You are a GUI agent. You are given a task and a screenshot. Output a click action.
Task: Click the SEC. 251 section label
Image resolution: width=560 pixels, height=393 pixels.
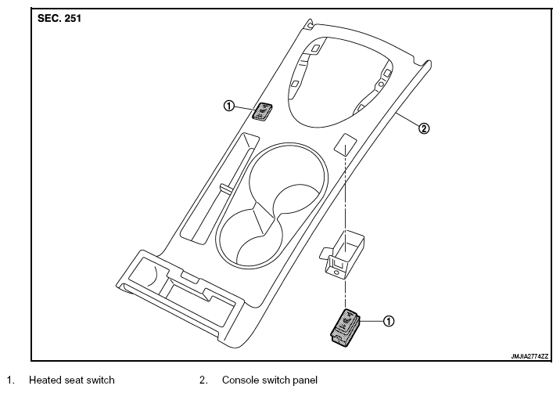tap(59, 18)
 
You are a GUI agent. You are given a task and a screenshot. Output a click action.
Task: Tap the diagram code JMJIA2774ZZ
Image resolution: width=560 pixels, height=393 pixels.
tap(529, 356)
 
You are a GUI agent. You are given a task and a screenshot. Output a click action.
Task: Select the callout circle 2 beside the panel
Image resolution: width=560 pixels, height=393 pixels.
tap(424, 128)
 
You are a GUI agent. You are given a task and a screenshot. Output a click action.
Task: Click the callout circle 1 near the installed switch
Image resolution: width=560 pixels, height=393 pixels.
tap(229, 106)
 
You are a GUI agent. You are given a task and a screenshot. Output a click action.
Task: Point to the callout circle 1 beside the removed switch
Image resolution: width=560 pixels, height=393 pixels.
tap(389, 321)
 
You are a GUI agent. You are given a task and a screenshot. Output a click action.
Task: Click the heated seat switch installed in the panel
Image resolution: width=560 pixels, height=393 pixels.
tap(263, 112)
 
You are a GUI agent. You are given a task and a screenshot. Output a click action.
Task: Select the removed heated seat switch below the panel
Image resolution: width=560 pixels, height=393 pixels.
tap(345, 328)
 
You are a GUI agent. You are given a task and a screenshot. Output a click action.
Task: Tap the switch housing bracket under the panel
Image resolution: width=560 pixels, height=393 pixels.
tap(342, 254)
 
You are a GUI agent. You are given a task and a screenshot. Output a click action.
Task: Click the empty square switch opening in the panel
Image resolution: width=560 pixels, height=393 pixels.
tap(344, 144)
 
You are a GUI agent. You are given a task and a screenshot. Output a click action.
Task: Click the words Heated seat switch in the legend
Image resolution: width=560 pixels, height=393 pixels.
tap(72, 380)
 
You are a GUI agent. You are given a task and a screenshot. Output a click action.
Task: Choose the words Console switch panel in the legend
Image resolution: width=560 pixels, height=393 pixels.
tap(270, 380)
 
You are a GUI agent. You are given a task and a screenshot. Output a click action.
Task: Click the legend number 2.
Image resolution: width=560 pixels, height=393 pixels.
tap(203, 380)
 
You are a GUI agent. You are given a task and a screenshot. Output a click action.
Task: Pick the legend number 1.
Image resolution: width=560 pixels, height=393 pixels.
tap(10, 380)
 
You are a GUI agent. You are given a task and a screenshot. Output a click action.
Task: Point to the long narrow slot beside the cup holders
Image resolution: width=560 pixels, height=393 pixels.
tap(219, 189)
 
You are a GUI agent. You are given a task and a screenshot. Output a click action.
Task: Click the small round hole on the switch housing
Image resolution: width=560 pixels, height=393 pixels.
tap(336, 272)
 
